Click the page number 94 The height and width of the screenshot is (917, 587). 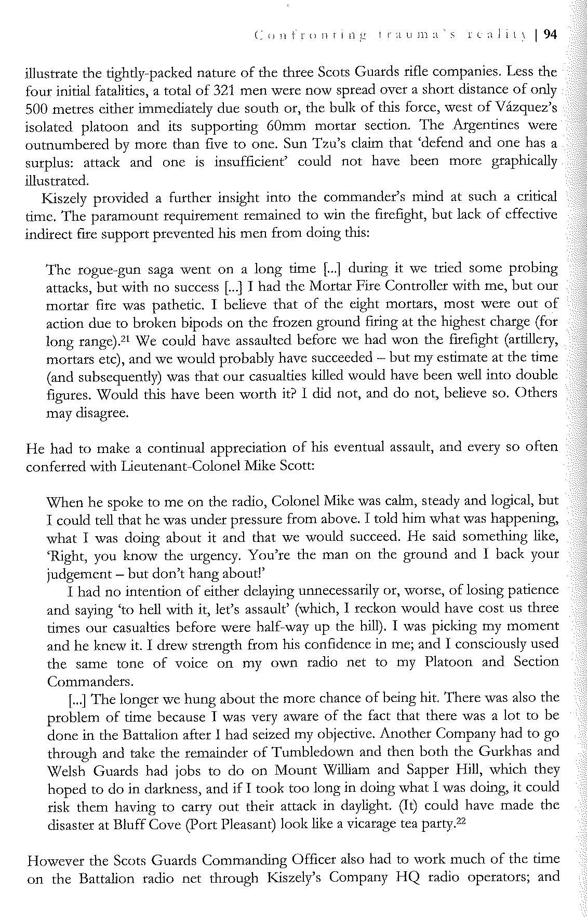pyautogui.click(x=550, y=35)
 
